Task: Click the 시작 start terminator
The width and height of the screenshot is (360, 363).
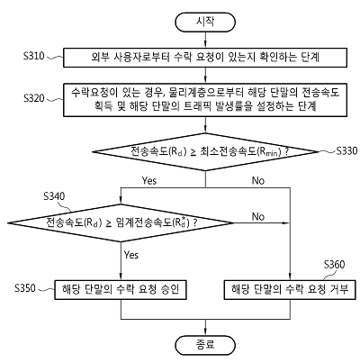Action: [205, 22]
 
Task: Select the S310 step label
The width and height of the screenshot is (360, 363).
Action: [34, 56]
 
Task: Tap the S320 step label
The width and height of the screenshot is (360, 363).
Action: [34, 98]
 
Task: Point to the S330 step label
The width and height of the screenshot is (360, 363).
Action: [346, 150]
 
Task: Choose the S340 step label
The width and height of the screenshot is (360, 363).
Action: [54, 196]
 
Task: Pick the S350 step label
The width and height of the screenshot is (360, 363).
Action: [25, 288]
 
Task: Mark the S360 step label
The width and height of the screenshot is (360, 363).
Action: [335, 265]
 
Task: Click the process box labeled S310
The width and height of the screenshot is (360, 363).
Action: [205, 58]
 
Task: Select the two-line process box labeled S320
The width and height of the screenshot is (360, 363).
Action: [205, 100]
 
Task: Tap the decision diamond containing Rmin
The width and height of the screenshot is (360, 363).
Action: [205, 151]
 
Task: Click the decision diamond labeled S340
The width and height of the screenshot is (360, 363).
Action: [121, 222]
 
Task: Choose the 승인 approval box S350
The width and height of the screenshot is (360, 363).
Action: [121, 290]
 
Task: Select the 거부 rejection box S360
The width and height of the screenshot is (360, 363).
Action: [290, 290]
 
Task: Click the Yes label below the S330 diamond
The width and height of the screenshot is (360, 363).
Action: [149, 180]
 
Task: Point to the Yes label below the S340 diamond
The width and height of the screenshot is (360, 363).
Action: [131, 255]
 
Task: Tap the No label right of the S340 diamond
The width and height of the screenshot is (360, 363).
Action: [258, 216]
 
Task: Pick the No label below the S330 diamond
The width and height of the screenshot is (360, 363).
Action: [258, 180]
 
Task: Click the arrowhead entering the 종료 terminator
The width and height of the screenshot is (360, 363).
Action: [205, 332]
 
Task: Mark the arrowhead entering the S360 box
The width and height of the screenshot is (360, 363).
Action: [290, 277]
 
